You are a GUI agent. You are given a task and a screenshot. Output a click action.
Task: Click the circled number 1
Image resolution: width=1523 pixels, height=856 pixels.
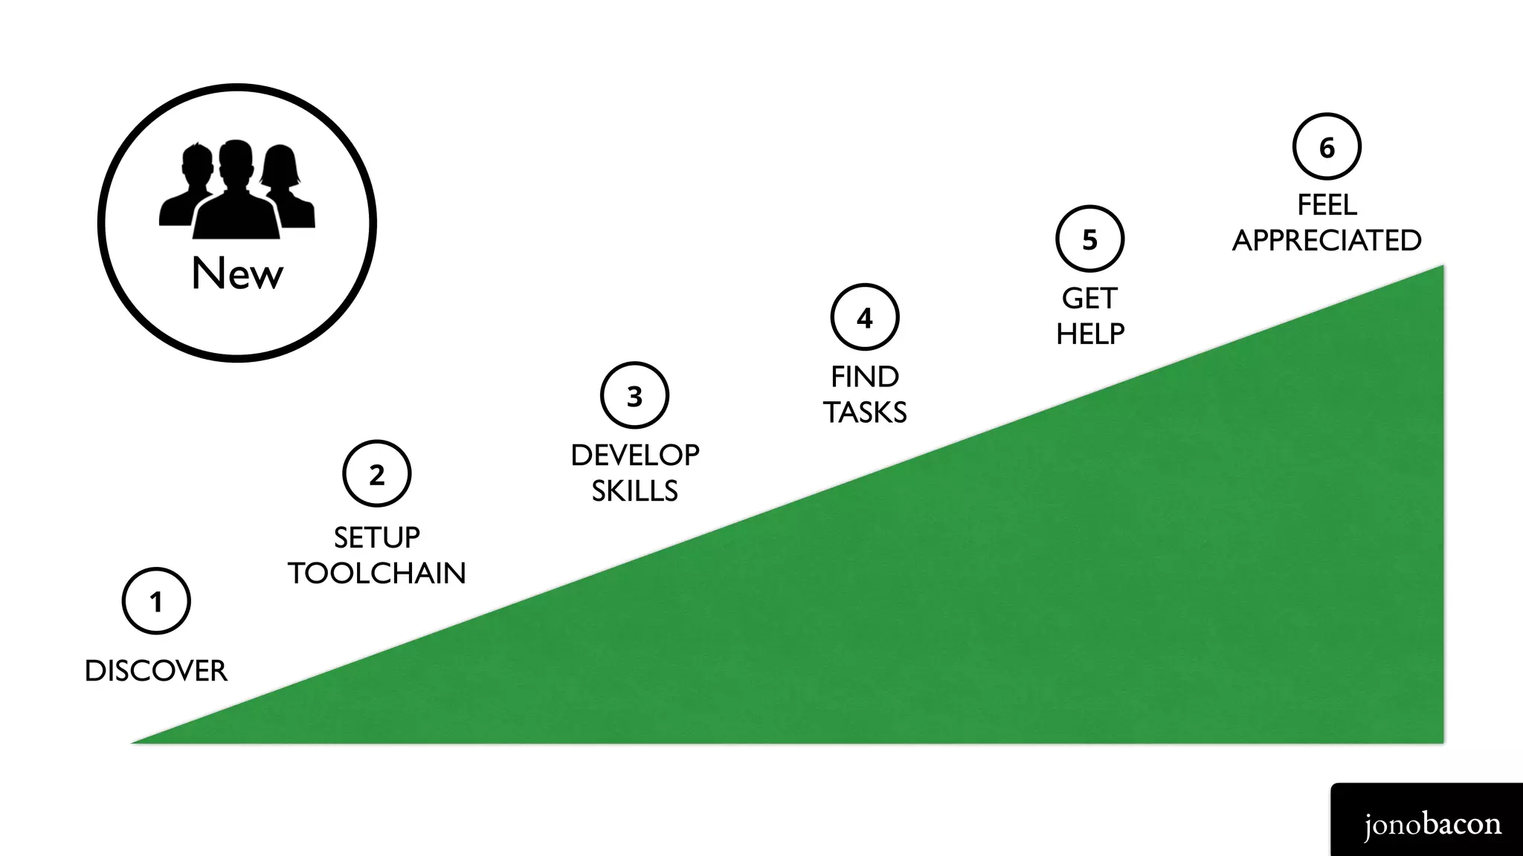[x=156, y=601]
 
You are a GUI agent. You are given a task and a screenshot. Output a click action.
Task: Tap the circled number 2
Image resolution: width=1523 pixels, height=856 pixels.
[x=377, y=473]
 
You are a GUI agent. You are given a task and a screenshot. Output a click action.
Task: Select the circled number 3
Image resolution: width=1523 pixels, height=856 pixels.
[x=634, y=395]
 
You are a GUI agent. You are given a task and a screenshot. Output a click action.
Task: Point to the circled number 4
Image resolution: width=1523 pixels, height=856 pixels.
[x=865, y=317]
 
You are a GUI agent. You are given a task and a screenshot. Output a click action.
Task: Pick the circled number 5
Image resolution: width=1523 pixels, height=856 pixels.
[x=1090, y=239]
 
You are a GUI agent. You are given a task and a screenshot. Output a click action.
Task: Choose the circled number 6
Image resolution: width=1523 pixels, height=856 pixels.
[x=1327, y=147]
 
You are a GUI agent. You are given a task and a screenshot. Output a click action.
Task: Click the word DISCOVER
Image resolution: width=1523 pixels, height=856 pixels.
[x=156, y=671]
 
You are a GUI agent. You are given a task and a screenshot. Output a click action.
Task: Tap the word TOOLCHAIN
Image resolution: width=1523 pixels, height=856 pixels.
[x=377, y=573]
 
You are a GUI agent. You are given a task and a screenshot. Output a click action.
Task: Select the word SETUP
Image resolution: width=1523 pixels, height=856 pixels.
[x=377, y=537]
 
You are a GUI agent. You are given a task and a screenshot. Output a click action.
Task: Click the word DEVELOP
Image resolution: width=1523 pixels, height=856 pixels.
[x=635, y=455]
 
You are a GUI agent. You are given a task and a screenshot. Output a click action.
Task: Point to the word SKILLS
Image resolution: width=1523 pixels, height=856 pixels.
[x=635, y=491]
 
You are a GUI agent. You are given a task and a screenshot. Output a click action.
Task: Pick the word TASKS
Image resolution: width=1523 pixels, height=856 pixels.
[x=865, y=412]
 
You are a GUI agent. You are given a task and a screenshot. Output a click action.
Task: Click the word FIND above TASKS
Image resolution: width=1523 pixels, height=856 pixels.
[x=865, y=377]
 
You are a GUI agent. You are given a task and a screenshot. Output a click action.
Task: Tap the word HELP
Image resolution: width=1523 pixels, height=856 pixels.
[x=1090, y=334]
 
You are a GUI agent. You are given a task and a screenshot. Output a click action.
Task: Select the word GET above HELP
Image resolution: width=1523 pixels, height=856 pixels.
[x=1090, y=299]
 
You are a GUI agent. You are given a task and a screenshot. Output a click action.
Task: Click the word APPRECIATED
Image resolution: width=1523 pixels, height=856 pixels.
[x=1327, y=241]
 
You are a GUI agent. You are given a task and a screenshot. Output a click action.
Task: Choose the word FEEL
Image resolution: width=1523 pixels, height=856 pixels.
[x=1327, y=205]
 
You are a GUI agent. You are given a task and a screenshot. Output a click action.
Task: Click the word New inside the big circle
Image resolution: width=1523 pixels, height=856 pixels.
[x=237, y=273]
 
